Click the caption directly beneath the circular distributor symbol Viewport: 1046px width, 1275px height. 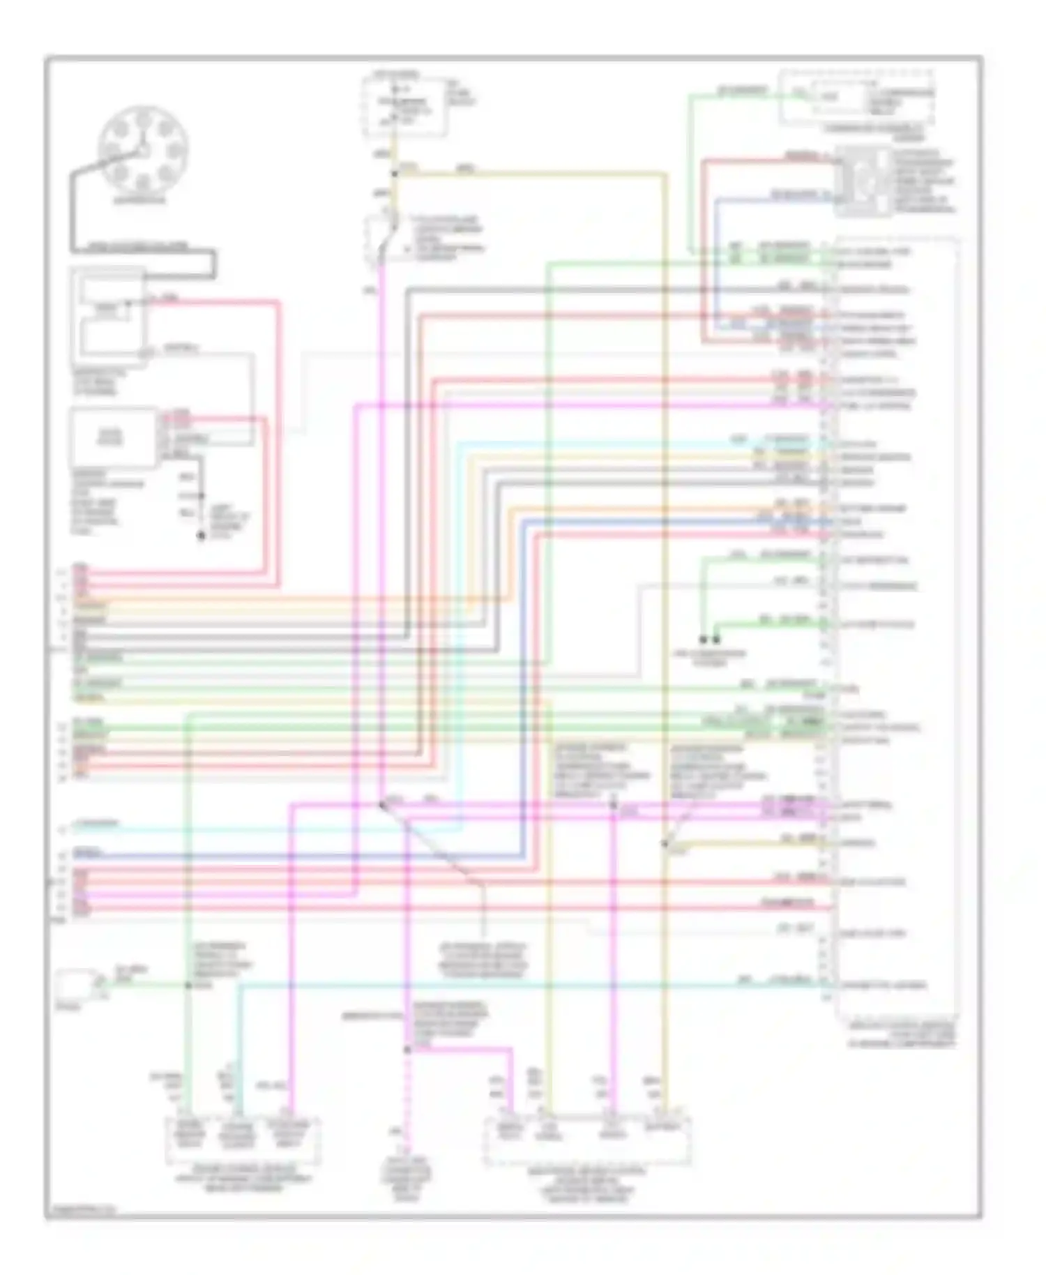point(140,200)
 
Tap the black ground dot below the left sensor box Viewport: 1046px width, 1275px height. point(201,536)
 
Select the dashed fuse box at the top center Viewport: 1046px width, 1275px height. point(404,106)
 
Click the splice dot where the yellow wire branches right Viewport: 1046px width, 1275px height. point(395,173)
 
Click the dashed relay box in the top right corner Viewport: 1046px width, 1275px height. point(856,98)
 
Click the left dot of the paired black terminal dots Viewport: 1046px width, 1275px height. point(703,639)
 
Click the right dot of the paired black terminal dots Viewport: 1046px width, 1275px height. point(716,639)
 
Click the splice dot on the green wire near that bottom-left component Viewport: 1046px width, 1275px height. point(188,985)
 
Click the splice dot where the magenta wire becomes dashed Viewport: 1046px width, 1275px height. point(407,1049)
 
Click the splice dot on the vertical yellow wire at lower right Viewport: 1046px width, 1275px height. point(665,844)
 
